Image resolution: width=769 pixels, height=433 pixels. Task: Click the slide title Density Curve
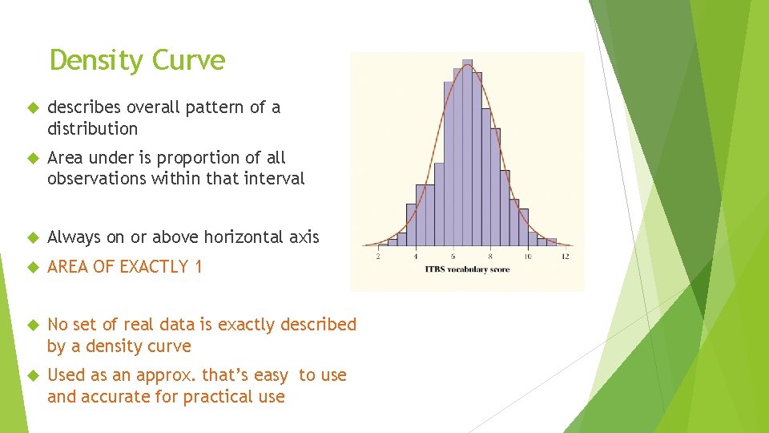point(137,60)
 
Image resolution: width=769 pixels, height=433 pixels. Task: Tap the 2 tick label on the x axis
point(378,257)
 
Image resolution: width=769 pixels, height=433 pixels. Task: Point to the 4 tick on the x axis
point(416,257)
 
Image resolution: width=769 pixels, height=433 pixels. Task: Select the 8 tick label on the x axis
point(490,257)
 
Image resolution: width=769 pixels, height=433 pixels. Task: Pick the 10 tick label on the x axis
point(527,257)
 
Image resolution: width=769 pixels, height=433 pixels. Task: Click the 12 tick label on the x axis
point(565,257)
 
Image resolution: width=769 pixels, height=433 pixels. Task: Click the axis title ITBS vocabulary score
point(467,269)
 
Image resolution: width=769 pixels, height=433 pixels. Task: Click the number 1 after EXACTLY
point(198,267)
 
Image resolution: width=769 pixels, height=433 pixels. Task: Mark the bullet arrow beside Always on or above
point(32,237)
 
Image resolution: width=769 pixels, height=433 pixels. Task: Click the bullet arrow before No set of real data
point(32,325)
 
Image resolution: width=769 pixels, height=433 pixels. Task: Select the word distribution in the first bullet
point(92,128)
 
